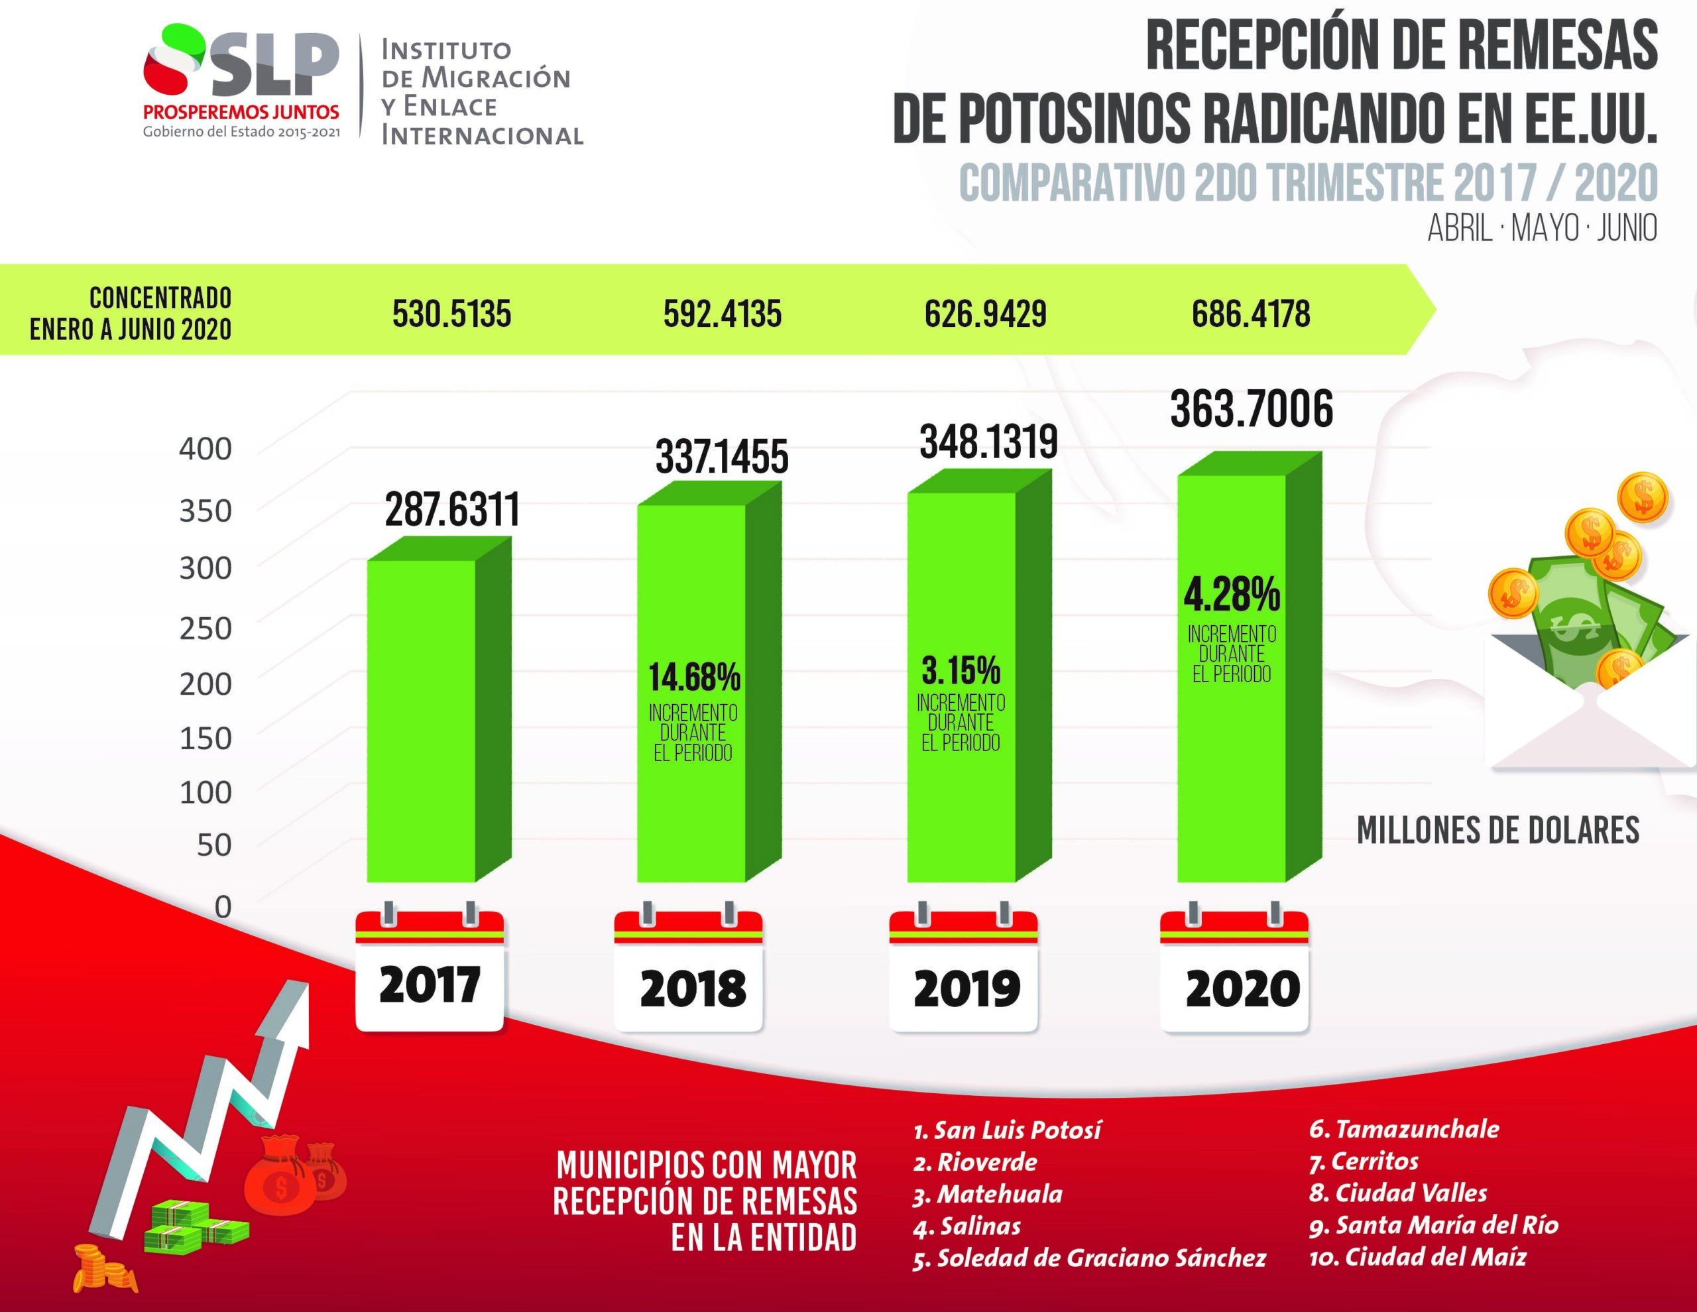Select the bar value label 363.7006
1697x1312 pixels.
point(1251,410)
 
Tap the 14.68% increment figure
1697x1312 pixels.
point(694,678)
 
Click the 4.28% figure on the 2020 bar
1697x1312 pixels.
point(1232,595)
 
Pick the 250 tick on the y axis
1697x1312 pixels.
point(206,628)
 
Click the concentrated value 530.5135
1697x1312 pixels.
point(451,314)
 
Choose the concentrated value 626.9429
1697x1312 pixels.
point(985,314)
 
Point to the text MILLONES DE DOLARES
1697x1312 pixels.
point(1497,831)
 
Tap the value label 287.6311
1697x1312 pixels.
point(451,510)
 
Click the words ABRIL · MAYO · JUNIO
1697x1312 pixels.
point(1542,229)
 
